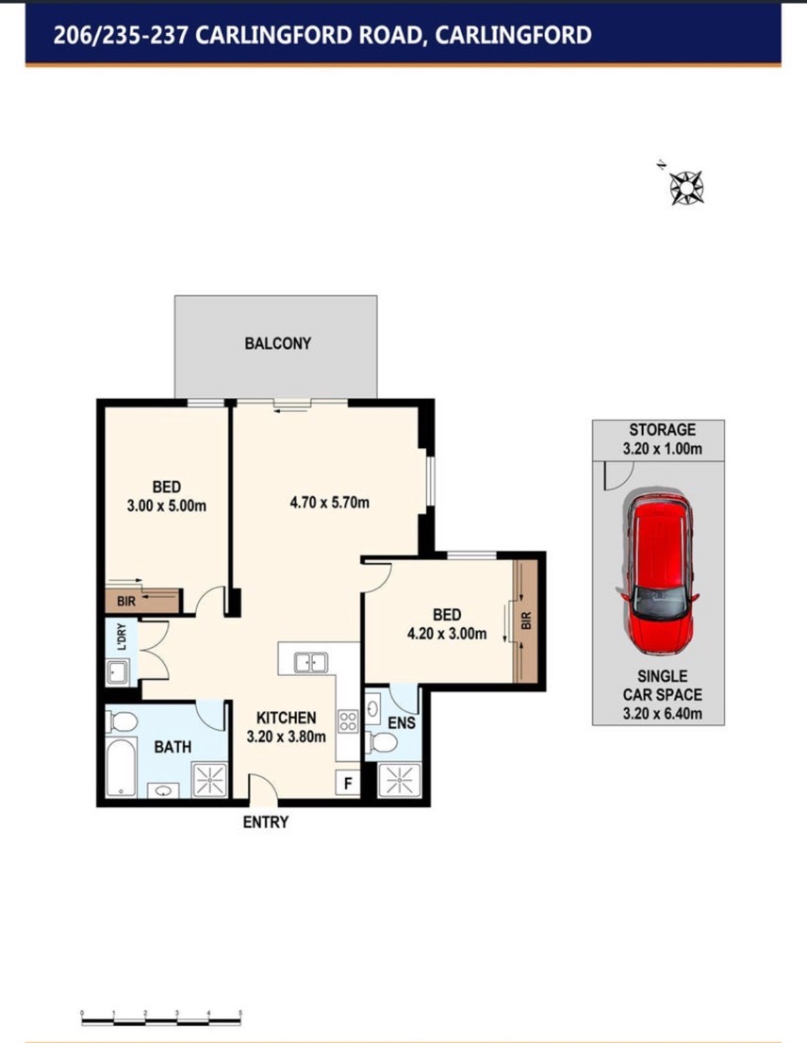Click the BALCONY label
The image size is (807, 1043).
pos(278,343)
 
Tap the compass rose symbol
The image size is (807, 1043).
pos(686,187)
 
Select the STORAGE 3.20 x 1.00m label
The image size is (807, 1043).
pos(662,439)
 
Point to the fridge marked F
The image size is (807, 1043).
pos(348,784)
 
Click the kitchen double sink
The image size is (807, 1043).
pos(310,663)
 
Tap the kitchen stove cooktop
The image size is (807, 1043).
pos(348,721)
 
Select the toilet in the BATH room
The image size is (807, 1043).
pos(122,721)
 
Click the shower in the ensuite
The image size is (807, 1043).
pos(399,780)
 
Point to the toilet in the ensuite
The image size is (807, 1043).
pos(382,742)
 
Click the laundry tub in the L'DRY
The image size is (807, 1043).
pos(118,672)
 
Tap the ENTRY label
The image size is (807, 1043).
pos(265,822)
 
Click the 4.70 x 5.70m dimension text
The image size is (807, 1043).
pos(330,503)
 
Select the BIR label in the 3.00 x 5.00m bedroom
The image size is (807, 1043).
pos(126,602)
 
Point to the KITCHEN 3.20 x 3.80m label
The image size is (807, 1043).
pos(286,727)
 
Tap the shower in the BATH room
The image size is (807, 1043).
pos(209,780)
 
